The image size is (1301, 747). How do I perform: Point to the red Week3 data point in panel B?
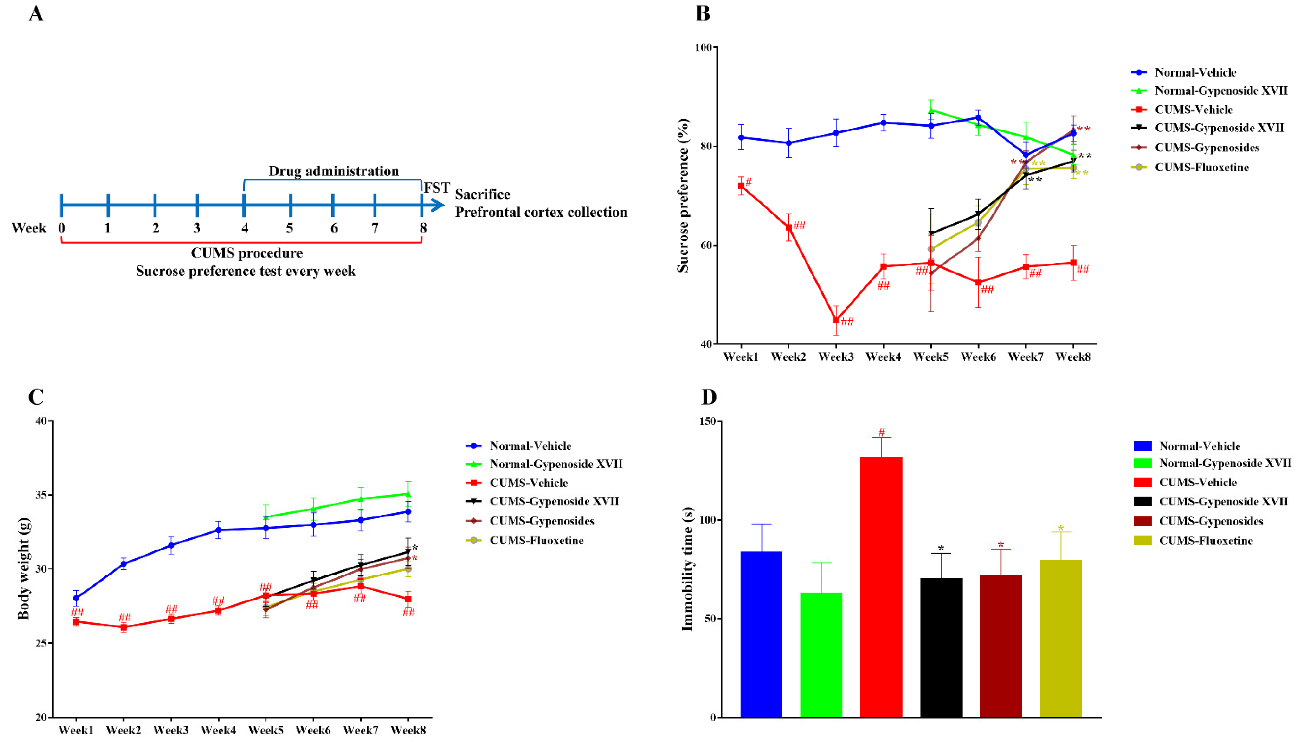tap(836, 320)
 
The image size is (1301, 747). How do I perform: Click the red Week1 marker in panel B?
tap(741, 186)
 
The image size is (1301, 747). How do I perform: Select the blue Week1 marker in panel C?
tap(76, 598)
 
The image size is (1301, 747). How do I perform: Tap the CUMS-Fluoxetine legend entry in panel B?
tap(1202, 167)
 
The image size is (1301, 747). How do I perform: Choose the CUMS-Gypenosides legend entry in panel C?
tap(542, 521)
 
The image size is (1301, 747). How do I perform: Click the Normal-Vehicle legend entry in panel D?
tap(1199, 446)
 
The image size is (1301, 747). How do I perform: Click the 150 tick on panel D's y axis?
tap(708, 421)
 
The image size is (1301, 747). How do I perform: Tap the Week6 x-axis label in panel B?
tap(978, 356)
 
